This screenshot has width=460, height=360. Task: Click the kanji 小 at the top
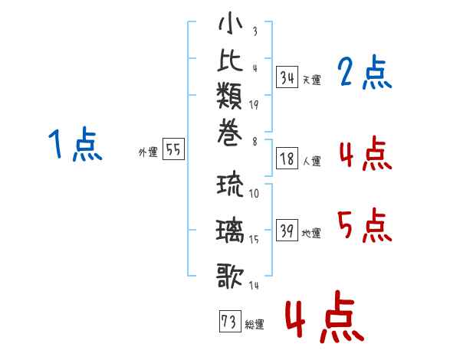point(230,23)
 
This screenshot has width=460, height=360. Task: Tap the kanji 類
point(229,96)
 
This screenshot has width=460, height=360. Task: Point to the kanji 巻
point(230,133)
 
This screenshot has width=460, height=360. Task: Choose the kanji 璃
point(230,231)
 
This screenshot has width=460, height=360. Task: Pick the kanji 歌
point(230,276)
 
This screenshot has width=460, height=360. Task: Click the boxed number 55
point(173,149)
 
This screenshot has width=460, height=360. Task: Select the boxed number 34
point(287,77)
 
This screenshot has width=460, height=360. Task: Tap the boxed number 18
point(287,159)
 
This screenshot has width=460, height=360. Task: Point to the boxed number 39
point(287,230)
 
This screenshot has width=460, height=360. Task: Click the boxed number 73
point(230,321)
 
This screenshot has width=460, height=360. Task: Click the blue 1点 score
point(75,144)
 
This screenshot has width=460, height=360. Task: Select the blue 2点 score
point(365,72)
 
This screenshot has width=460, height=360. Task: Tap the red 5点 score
point(365,225)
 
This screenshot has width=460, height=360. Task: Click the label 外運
point(148,152)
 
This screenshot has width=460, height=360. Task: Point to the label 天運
point(312,80)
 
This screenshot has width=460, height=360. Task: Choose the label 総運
point(255,325)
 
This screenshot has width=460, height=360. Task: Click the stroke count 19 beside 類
point(254,105)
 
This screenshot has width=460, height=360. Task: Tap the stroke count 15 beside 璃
point(254,240)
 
